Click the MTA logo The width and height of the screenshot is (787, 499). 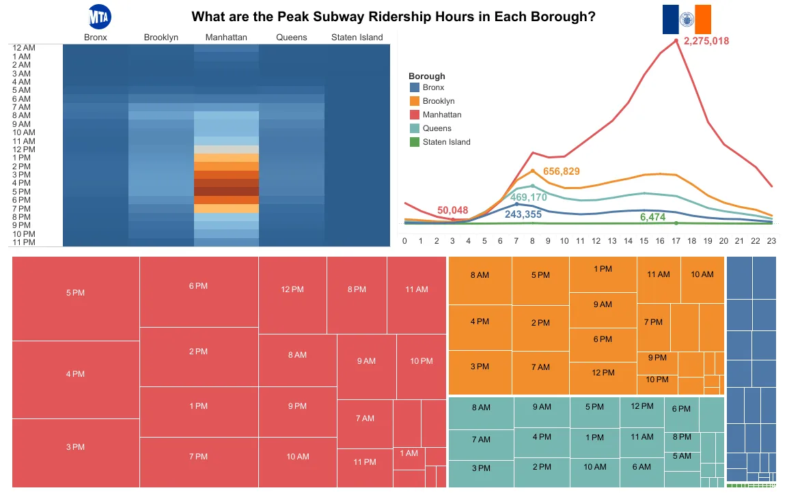(100, 16)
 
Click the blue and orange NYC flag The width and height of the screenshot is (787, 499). (687, 19)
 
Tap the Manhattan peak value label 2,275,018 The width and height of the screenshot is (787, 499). (706, 41)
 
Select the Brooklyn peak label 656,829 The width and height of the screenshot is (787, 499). (561, 171)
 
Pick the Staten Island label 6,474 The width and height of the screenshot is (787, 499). (652, 217)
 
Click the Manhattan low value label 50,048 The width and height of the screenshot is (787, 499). (452, 210)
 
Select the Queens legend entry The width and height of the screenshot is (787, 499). (437, 128)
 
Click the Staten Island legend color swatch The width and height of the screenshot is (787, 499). (414, 142)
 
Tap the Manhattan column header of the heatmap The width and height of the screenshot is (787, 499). (226, 37)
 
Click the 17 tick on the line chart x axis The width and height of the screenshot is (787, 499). (676, 240)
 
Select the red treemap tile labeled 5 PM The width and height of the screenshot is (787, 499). (75, 293)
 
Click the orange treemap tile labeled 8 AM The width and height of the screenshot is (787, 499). (480, 275)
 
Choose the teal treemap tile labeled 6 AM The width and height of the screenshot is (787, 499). (641, 467)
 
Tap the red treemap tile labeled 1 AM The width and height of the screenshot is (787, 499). (409, 453)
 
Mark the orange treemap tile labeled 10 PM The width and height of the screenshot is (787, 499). (657, 380)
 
